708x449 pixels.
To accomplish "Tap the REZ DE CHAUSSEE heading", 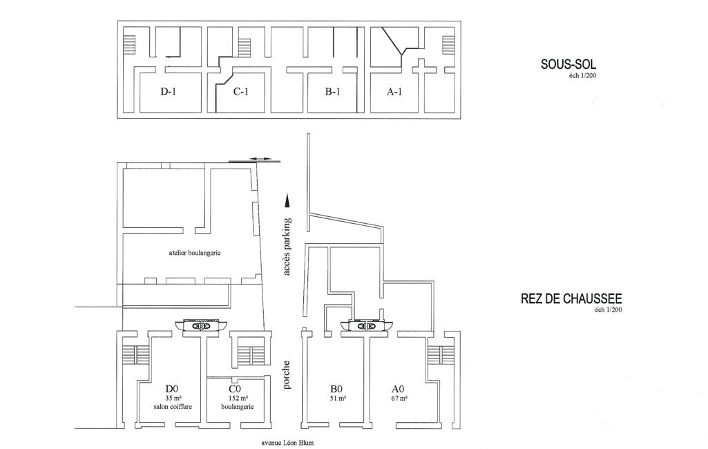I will [571, 300].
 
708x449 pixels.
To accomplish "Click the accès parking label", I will [287, 247].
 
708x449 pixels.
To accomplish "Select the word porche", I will [287, 374].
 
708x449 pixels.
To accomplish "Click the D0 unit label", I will [173, 389].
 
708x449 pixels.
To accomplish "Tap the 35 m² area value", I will [173, 399].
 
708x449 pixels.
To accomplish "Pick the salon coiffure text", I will [173, 407].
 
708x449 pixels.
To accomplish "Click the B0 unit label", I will [338, 389].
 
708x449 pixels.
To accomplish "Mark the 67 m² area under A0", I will [399, 399].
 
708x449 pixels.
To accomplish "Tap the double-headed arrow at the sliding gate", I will [261, 160].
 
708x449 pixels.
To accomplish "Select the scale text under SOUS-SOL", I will [583, 76].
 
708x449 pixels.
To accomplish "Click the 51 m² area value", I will [338, 399].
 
